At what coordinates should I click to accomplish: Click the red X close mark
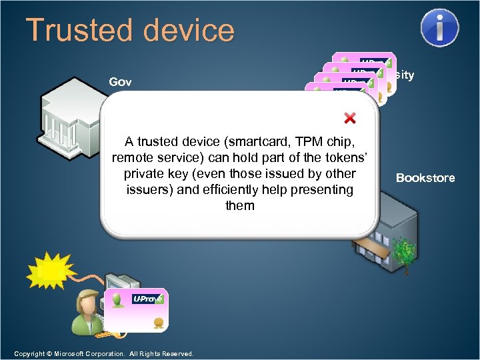tap(349, 118)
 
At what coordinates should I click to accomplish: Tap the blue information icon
tap(439, 27)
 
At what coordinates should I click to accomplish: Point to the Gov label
tap(120, 82)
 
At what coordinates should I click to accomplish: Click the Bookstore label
tap(425, 177)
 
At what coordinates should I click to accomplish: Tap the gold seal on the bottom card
tap(159, 323)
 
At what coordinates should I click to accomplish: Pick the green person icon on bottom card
tap(118, 301)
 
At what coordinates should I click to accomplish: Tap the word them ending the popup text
tap(239, 205)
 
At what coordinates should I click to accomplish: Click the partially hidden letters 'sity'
tap(403, 75)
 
